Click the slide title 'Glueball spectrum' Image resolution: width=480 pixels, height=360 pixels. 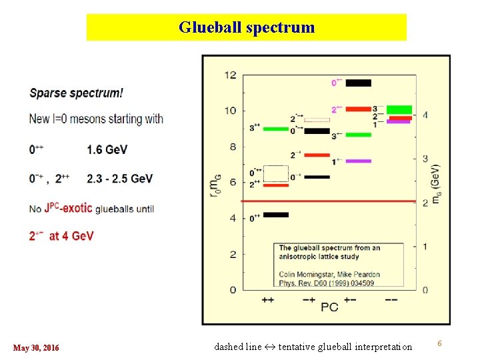(x=246, y=27)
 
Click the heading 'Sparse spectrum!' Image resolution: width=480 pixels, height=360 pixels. (x=76, y=93)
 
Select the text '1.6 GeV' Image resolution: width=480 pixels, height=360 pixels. (x=107, y=150)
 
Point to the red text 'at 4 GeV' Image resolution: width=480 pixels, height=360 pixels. (x=71, y=236)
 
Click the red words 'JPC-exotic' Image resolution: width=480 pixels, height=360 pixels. (x=69, y=208)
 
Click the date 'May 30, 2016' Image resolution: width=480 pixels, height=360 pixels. (x=36, y=348)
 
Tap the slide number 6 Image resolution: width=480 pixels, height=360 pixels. (x=439, y=343)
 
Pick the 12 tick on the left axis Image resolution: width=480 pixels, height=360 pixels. (x=229, y=75)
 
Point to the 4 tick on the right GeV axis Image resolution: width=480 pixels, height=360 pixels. (x=425, y=115)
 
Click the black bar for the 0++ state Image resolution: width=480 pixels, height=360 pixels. (x=276, y=215)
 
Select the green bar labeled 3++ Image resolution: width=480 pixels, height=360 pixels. (x=276, y=129)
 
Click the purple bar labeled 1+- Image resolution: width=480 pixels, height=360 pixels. (x=358, y=161)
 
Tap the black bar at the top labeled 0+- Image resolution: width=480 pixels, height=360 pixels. (x=359, y=83)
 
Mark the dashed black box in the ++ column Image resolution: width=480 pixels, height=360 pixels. (x=276, y=173)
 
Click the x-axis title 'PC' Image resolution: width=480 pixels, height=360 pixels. (x=329, y=307)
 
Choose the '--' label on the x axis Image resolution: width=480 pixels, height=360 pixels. (x=391, y=300)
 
